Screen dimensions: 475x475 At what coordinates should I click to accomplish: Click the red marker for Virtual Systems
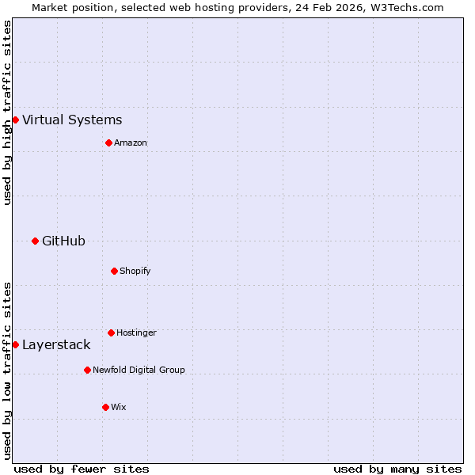15,120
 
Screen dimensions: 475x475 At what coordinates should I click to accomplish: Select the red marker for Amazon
108,142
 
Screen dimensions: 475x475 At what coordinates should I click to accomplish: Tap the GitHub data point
35,241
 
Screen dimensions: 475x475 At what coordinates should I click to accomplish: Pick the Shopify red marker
114,271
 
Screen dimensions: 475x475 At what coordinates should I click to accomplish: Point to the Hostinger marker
111,332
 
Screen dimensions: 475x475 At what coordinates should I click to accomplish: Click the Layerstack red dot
15,344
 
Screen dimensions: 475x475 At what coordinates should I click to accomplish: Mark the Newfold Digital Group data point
87,370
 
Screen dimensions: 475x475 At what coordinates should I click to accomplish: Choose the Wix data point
105,407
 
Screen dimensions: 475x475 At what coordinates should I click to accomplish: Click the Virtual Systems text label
72,120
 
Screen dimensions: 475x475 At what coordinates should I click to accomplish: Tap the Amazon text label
131,143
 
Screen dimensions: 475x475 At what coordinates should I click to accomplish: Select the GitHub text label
63,241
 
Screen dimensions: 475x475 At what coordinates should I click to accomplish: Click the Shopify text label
135,272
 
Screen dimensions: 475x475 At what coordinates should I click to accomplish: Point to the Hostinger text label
136,333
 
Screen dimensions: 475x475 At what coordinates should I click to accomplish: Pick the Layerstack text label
56,345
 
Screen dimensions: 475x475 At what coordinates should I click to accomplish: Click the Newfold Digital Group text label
139,370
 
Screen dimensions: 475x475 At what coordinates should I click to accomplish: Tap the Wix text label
119,408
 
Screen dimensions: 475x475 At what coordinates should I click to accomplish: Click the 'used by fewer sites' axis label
82,469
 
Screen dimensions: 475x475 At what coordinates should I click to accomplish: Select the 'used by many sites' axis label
397,469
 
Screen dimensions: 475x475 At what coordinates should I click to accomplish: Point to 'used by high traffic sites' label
7,112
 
